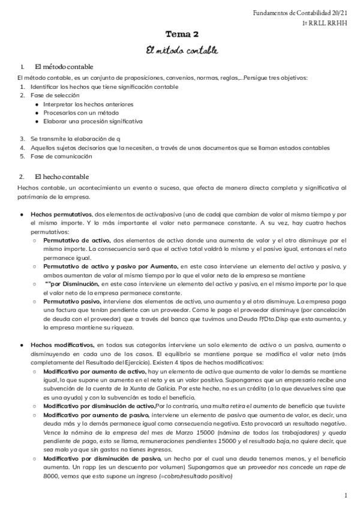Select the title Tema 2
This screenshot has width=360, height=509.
coord(181,35)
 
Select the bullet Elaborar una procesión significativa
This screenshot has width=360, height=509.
coord(93,121)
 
